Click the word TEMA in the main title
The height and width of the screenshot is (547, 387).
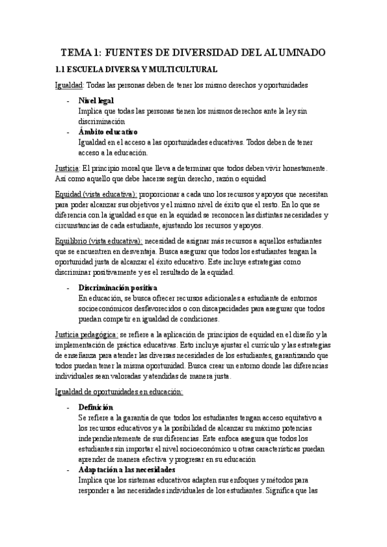coord(78,52)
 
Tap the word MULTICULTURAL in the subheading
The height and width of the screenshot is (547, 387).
coord(182,69)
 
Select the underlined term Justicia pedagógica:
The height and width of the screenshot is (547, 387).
coord(86,334)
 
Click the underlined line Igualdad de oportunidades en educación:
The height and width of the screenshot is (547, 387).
coord(119,391)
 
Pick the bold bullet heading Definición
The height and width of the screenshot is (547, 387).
coord(96,407)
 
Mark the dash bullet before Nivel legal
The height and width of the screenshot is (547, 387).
coord(68,101)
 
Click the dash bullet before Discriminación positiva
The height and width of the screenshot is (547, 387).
coord(68,287)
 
